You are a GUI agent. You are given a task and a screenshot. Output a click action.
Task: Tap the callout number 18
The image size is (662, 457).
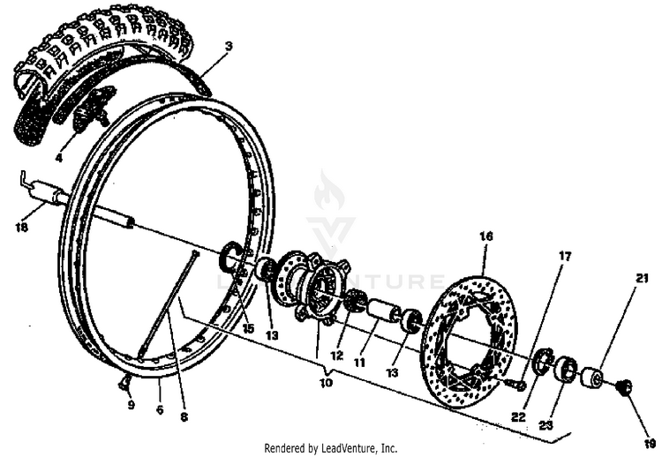coord(23,228)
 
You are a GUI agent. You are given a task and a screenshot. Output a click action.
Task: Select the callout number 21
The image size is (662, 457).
coord(642,279)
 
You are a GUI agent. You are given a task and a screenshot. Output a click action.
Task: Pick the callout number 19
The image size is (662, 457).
coord(650,419)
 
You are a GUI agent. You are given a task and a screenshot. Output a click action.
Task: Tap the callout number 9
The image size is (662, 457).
coord(130,406)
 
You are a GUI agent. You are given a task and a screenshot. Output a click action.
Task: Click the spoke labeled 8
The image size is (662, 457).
coord(168,304)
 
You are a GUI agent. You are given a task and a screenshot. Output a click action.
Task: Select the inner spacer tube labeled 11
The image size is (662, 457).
coord(383,312)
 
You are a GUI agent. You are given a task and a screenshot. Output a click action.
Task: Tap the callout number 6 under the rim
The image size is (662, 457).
coord(160,409)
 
